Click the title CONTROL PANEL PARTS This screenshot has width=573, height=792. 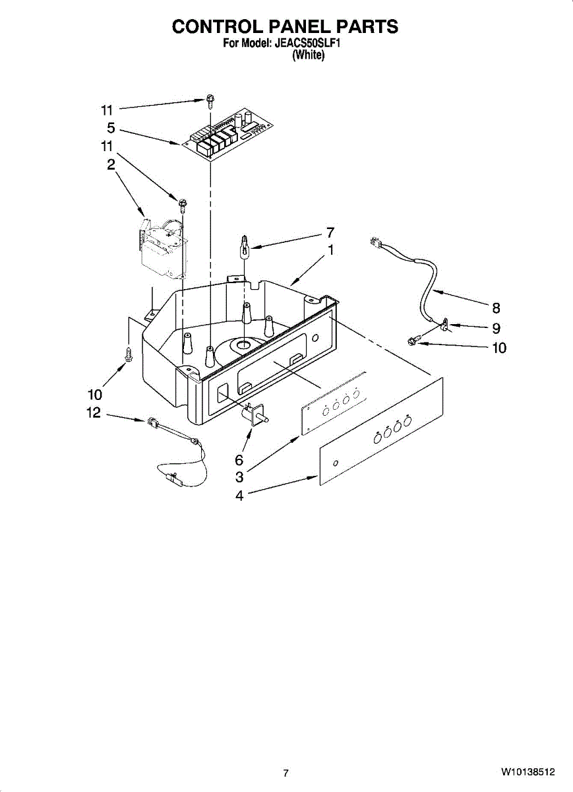285,26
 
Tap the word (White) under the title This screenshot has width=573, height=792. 308,55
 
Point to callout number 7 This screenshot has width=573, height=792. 330,232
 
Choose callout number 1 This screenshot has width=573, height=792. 330,250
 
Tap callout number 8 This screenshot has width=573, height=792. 496,308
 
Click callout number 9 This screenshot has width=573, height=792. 496,327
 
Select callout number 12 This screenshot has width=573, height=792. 94,412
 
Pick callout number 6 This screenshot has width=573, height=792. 239,459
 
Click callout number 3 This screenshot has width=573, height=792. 239,477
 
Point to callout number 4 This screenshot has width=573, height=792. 239,495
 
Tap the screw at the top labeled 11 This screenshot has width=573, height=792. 208,102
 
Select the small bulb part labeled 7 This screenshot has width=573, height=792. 245,245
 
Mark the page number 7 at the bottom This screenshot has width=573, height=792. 286,773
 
